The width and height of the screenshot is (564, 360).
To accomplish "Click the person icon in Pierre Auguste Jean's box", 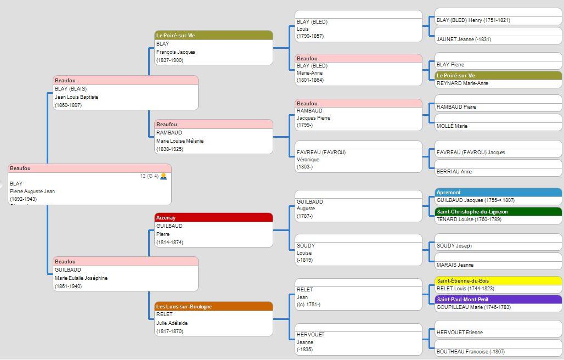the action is [163, 176].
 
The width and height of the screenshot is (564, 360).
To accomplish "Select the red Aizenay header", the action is [213, 217].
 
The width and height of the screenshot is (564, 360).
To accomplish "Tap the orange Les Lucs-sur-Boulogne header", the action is [213, 306].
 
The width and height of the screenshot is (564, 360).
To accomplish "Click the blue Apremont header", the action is [498, 193].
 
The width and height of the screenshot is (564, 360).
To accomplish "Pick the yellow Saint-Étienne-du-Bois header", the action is [498, 280].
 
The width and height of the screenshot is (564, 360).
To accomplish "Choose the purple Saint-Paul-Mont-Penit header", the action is [498, 299].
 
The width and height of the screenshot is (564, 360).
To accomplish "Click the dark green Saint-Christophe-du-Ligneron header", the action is [498, 211].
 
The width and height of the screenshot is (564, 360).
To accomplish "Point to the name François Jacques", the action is [176, 52].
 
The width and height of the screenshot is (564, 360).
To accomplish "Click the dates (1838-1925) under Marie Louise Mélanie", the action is [170, 149].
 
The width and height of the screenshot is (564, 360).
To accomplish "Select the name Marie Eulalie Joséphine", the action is [81, 278].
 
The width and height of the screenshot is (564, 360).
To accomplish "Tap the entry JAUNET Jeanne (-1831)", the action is [464, 39].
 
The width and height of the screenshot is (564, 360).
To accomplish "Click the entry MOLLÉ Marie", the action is [452, 126].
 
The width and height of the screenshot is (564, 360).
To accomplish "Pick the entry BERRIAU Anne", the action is [454, 172].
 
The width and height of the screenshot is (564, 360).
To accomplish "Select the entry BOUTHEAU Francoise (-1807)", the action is [471, 351].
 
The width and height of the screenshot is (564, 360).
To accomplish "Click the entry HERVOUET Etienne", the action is [460, 333].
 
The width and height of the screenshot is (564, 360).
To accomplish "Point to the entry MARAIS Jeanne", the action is [455, 265].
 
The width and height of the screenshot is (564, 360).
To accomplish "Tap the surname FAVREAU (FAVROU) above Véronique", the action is [321, 153].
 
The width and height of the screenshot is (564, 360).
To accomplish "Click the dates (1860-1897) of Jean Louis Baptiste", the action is [69, 105].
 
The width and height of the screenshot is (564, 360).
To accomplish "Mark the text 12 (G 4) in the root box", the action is [149, 176].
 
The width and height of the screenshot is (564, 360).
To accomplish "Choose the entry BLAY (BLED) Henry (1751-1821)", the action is [473, 20].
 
